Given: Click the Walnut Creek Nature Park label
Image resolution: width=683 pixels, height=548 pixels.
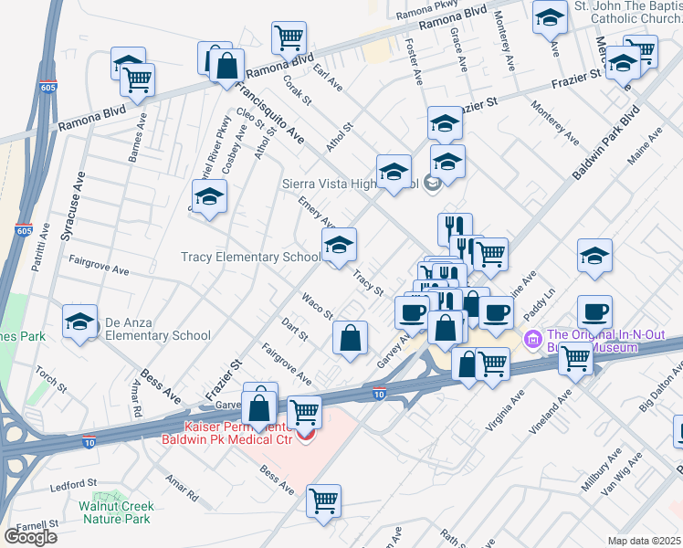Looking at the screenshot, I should tap(113, 511).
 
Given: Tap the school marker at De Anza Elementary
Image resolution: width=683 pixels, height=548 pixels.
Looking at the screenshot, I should tap(79, 321).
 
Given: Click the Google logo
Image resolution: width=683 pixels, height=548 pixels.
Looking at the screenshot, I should tap(30, 537).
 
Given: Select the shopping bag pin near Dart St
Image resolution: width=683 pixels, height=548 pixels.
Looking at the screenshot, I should tap(350, 339).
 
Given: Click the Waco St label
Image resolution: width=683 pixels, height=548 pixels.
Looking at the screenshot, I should tap(318, 306).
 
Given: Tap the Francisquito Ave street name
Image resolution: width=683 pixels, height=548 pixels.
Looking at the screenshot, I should tap(268, 111).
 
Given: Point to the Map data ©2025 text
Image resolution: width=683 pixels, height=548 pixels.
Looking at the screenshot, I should tap(645, 541).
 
